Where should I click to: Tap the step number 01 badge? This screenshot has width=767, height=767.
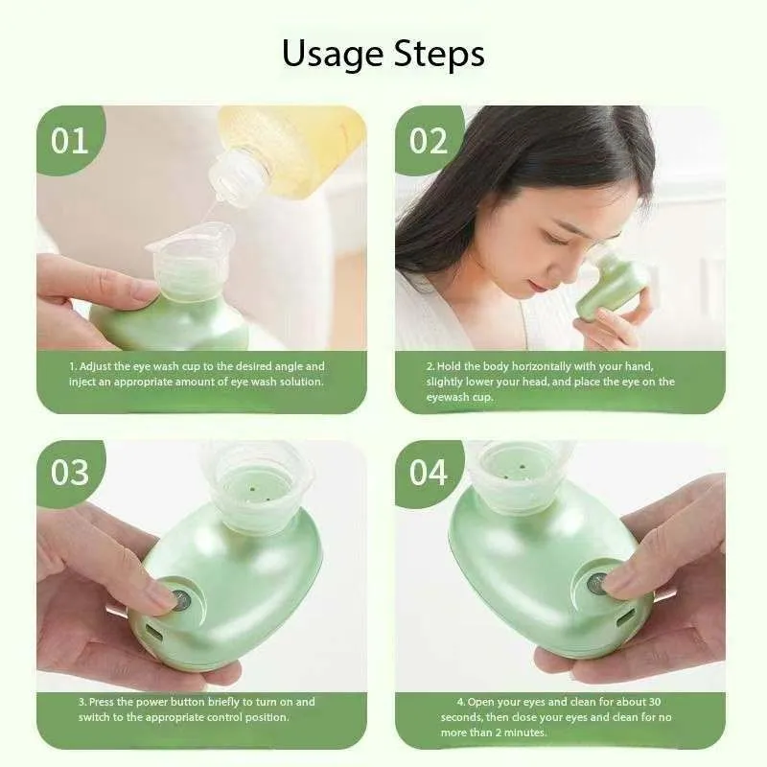click(x=69, y=141)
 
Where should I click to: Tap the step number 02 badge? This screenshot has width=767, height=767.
click(x=429, y=141)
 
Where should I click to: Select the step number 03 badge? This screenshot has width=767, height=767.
click(x=69, y=473)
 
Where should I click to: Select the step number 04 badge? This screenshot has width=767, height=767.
click(x=429, y=473)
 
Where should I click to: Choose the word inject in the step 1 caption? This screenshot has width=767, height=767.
click(x=81, y=382)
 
